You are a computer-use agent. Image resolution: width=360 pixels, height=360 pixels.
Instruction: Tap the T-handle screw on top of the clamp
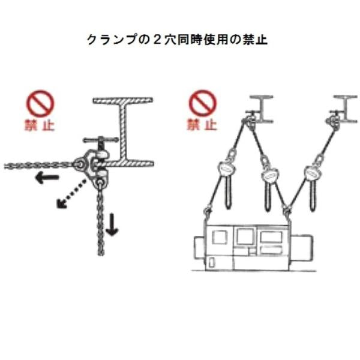(101, 143)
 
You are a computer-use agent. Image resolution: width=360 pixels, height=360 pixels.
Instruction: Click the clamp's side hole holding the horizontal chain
(79, 162)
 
